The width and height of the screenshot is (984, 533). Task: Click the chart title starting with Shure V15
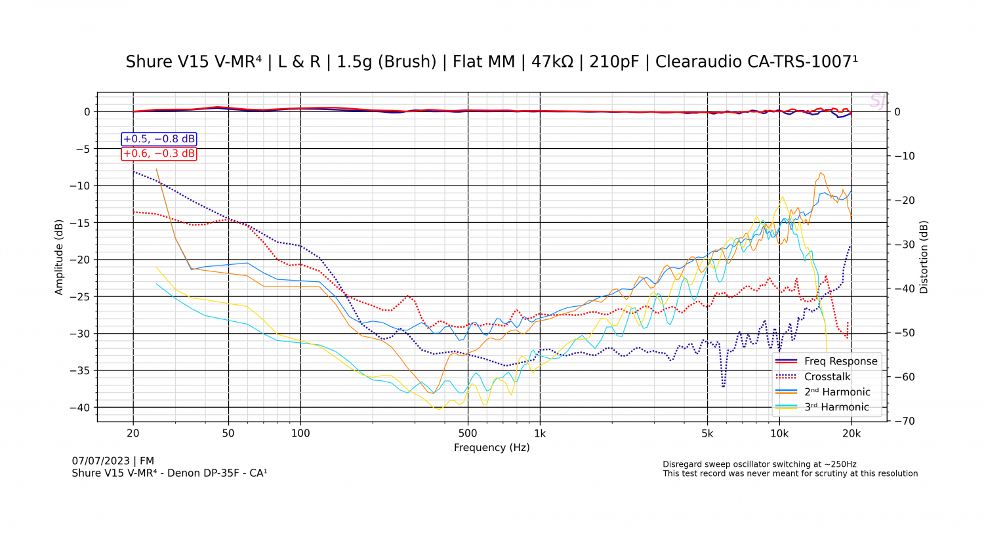pyautogui.click(x=491, y=62)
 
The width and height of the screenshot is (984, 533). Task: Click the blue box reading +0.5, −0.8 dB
pyautogui.click(x=159, y=139)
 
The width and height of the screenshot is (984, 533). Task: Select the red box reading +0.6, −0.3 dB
pyautogui.click(x=159, y=153)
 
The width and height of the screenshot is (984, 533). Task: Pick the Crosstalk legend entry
pyautogui.click(x=827, y=377)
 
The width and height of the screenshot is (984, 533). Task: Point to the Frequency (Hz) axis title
pyautogui.click(x=491, y=448)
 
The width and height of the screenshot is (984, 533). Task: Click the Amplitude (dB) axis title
pyautogui.click(x=59, y=257)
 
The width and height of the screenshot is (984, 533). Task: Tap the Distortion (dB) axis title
pyautogui.click(x=924, y=257)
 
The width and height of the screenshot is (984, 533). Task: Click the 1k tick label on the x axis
pyautogui.click(x=540, y=433)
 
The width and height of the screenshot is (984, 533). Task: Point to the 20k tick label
pyautogui.click(x=851, y=433)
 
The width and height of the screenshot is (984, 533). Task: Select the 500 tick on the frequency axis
pyautogui.click(x=468, y=433)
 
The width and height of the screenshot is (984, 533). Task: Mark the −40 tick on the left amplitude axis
pyautogui.click(x=81, y=408)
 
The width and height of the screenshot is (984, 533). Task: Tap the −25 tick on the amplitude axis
pyautogui.click(x=81, y=297)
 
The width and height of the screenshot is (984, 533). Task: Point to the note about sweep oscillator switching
pyautogui.click(x=759, y=464)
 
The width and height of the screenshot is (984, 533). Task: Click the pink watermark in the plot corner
pyautogui.click(x=877, y=101)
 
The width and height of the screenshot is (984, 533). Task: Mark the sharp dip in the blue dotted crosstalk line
pyautogui.click(x=724, y=385)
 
